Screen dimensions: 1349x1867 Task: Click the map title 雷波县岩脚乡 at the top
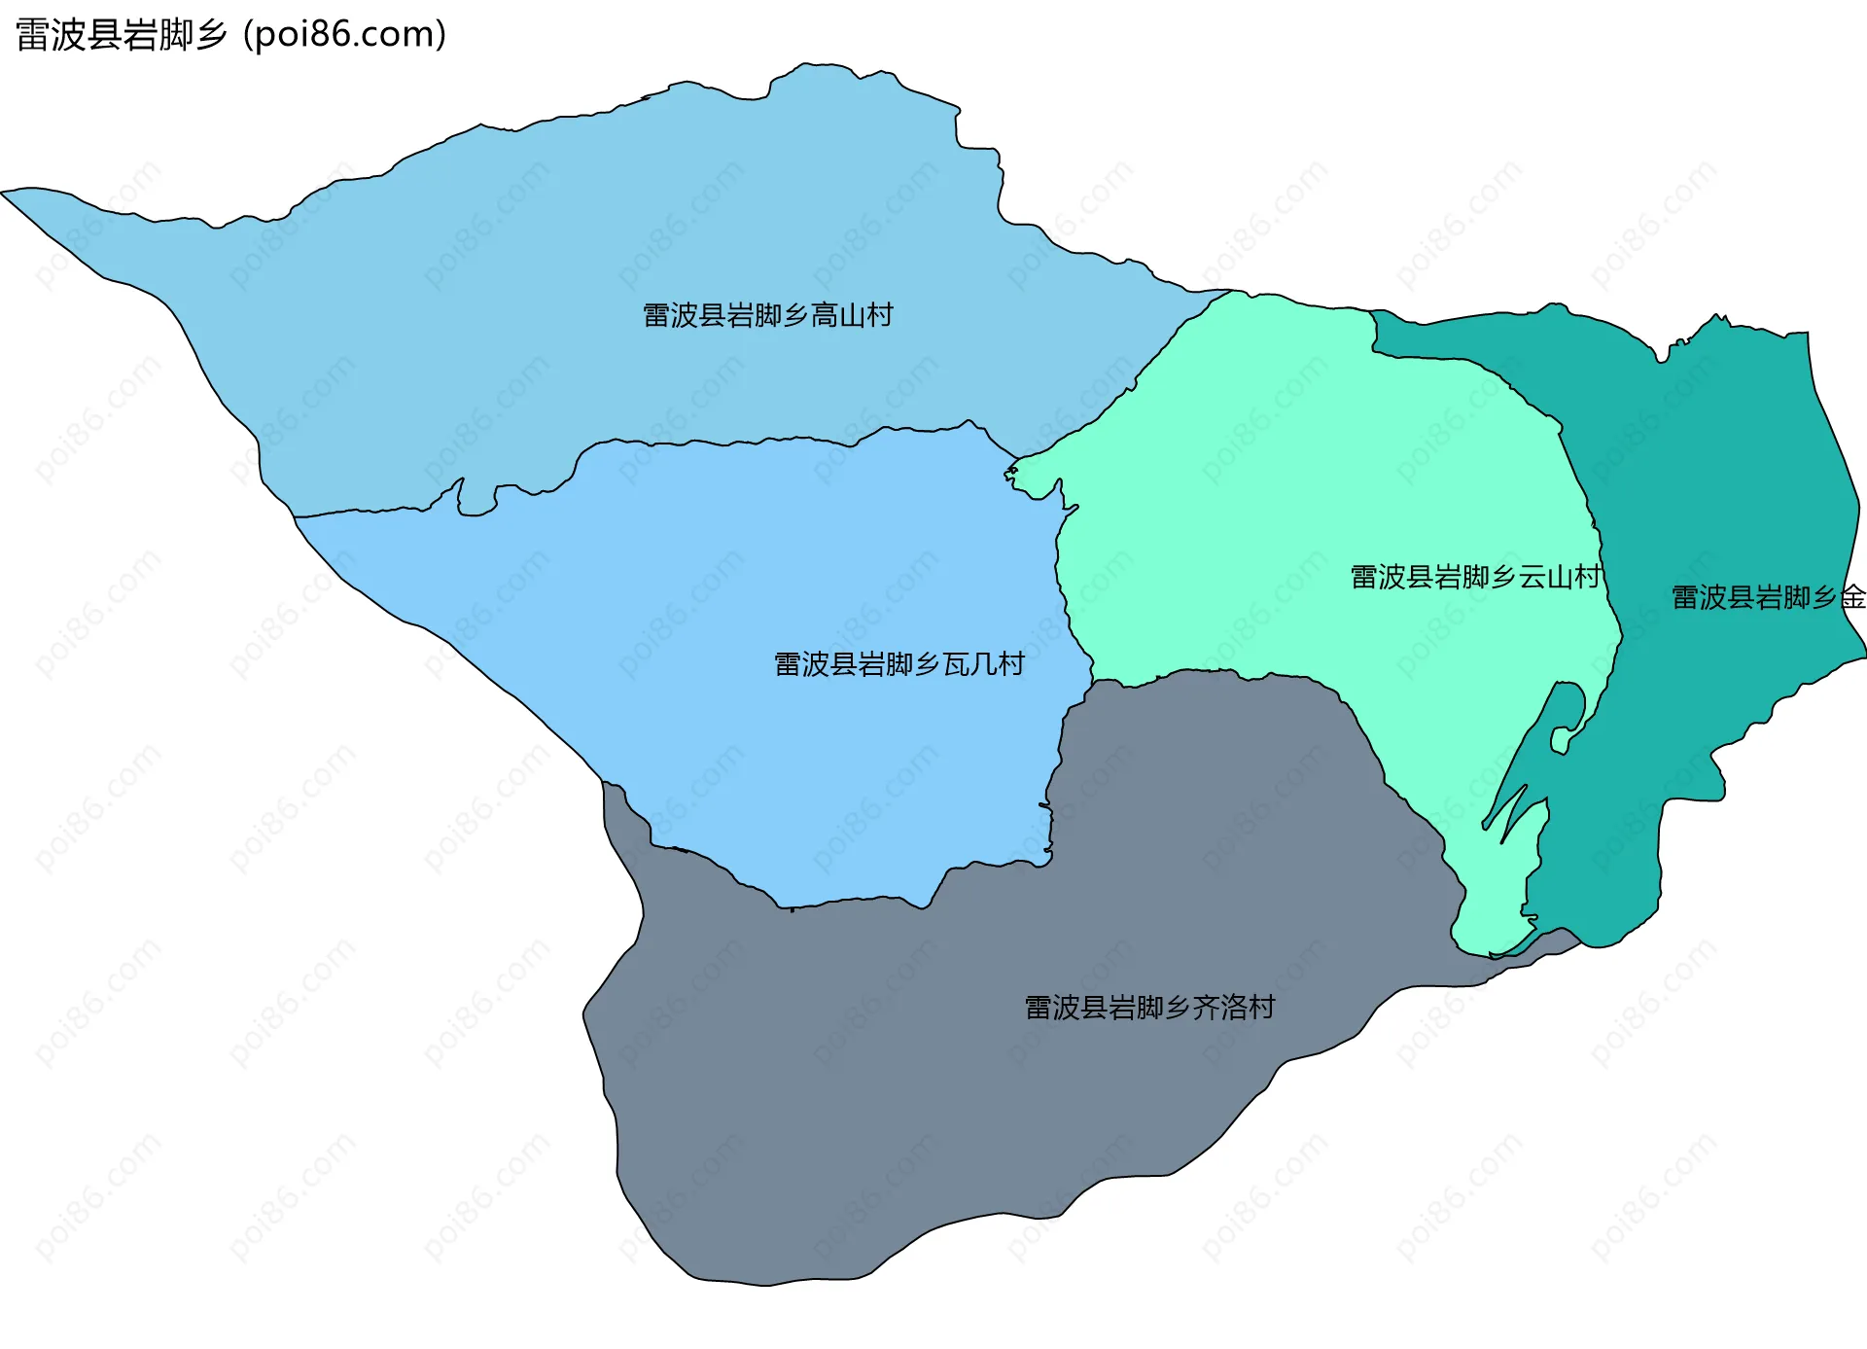click(122, 35)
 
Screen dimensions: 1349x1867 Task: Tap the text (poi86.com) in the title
click(344, 35)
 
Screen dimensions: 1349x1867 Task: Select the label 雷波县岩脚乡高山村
click(767, 316)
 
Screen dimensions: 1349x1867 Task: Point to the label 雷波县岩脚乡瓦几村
click(898, 664)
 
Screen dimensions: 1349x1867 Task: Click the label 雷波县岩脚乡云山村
click(1475, 578)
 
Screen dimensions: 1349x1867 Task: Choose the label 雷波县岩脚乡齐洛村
click(1149, 1008)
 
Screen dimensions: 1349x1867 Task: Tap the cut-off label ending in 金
click(1767, 597)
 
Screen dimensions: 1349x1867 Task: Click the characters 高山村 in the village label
click(852, 316)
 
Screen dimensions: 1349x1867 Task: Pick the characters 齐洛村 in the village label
click(1234, 1008)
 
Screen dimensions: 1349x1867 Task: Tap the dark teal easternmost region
click(1731, 486)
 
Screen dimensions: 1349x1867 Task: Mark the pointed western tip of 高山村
click(6, 192)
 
